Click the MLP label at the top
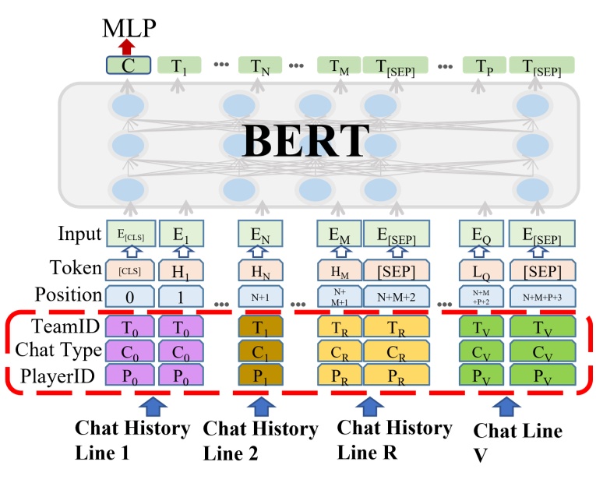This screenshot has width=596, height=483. pos(129,28)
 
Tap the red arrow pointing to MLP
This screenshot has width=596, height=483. pos(126,47)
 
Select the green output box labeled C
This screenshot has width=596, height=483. pos(128,65)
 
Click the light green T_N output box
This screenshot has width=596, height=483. pos(260,65)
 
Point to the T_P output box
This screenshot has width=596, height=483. pos(484,65)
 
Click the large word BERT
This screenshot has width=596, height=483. pos(305,140)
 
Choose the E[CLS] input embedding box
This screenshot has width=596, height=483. pos(130,234)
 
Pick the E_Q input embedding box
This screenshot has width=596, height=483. pos(481,234)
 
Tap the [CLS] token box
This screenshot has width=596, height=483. pos(130,270)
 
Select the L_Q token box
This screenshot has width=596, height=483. pos(481,270)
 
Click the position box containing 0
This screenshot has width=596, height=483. pos(130,296)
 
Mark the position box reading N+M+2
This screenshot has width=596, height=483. pos(397,296)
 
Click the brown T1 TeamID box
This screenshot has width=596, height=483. pos(260,326)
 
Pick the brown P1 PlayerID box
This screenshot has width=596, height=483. pos(260,375)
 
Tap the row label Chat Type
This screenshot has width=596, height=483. pos(58,350)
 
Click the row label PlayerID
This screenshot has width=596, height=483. pos(58,375)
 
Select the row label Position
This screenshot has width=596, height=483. pos(69,294)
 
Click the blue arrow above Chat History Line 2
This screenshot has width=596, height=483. pos(261,406)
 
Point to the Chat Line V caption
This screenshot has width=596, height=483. pos(517,442)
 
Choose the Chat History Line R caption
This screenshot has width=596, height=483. pos(394,439)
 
